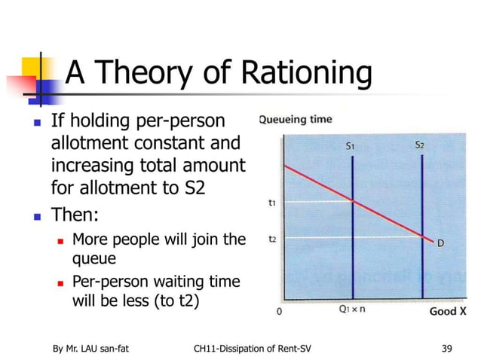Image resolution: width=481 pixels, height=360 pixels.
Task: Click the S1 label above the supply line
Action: [x=351, y=148]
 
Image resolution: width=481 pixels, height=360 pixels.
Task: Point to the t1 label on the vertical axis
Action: [x=271, y=202]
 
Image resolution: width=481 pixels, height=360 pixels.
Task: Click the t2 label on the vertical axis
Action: [x=271, y=238]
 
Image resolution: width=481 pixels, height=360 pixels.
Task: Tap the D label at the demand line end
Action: [x=440, y=243]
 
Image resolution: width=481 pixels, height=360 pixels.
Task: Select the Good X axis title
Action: [x=448, y=310]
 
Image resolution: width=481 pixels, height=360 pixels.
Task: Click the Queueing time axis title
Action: [x=295, y=118]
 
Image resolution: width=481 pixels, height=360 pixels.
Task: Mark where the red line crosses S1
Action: [x=353, y=200]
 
